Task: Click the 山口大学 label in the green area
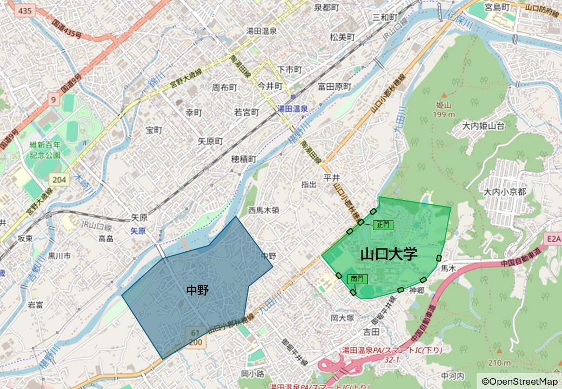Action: tap(389, 253)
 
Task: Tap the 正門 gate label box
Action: tap(383, 225)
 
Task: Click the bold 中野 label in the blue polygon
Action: tap(197, 290)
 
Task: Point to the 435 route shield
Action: tap(24, 11)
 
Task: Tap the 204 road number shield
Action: tap(59, 179)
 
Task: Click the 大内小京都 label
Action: tap(505, 192)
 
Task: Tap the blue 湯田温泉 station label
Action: tap(292, 109)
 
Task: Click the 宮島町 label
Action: tap(497, 7)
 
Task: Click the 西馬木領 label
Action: tap(264, 210)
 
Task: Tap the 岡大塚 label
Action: tap(342, 318)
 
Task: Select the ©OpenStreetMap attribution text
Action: tap(519, 381)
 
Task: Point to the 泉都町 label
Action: tap(326, 8)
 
